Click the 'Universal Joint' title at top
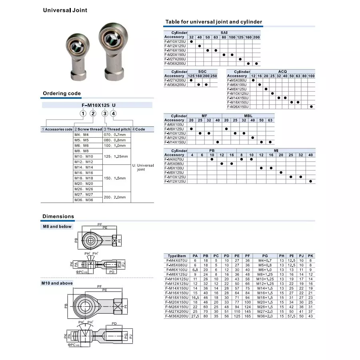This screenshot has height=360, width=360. [65, 10]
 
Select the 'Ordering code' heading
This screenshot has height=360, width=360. [62, 94]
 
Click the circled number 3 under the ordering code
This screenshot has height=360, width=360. [105, 114]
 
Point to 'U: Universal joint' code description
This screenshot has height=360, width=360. [143, 167]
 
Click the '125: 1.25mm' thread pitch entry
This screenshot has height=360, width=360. [116, 156]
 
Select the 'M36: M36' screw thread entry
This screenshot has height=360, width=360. [83, 200]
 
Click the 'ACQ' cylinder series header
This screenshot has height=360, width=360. [282, 71]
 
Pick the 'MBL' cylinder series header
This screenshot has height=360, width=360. [248, 116]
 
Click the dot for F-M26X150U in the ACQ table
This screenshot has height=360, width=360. [311, 107]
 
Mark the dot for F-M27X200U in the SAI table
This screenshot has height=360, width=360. [240, 59]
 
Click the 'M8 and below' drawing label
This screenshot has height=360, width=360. [58, 226]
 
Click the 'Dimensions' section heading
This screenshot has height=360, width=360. [58, 216]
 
